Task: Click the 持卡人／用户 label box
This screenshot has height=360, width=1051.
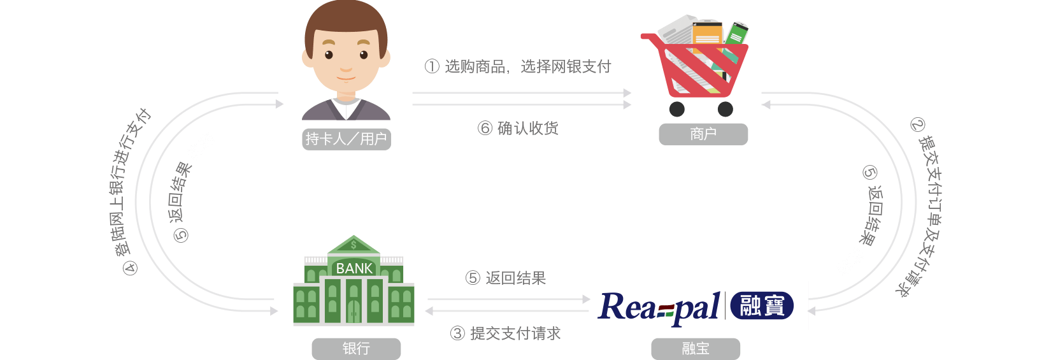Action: (x=346, y=139)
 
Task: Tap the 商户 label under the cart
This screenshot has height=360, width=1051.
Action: (x=703, y=134)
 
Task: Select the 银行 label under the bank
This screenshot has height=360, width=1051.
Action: (x=355, y=349)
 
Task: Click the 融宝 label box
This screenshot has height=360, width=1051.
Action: (x=695, y=349)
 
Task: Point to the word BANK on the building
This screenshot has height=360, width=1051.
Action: (x=354, y=268)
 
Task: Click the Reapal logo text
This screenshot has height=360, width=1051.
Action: (x=659, y=307)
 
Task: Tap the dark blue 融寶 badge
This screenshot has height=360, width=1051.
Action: (x=762, y=306)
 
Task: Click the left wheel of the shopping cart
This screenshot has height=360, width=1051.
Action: (x=676, y=109)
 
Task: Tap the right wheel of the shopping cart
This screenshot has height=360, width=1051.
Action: (x=725, y=109)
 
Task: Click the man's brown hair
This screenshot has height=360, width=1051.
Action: (x=345, y=19)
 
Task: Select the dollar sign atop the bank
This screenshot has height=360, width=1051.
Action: (x=354, y=245)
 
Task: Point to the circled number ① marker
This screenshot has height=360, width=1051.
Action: (x=432, y=66)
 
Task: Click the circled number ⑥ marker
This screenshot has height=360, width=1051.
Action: (x=485, y=128)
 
